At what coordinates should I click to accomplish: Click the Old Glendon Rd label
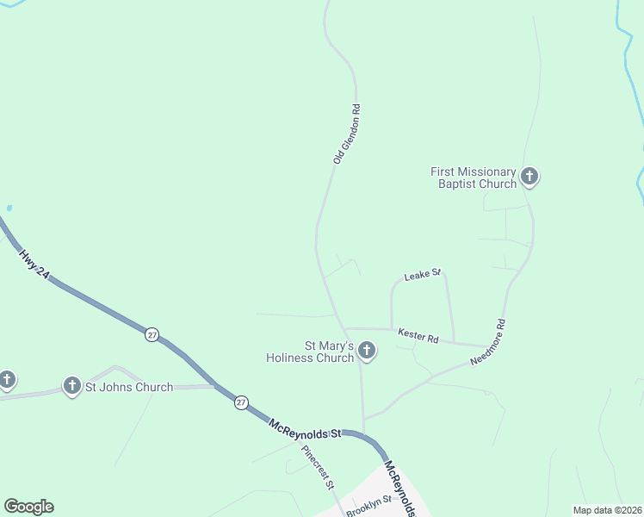point(345,134)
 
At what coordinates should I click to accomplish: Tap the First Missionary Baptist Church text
point(474,178)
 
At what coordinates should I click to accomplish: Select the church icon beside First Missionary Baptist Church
point(529,178)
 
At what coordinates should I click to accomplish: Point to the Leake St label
point(423,275)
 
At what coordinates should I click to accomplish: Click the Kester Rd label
point(418,334)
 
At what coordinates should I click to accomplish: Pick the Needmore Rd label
point(488,343)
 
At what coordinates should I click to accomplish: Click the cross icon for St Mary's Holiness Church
point(367,351)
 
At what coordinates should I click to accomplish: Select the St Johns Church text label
point(128,387)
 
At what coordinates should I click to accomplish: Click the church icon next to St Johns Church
point(72,385)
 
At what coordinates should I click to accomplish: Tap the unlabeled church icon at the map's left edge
point(7,379)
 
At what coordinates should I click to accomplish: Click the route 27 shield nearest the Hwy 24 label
point(152,334)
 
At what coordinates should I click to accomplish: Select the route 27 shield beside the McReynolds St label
point(241,402)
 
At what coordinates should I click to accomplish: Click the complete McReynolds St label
point(306,427)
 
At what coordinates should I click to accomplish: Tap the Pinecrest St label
point(317,467)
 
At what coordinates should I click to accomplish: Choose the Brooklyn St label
point(368,506)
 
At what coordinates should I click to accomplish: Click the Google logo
point(28,507)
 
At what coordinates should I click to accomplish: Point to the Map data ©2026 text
point(606,510)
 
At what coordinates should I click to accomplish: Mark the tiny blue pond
point(9,208)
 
